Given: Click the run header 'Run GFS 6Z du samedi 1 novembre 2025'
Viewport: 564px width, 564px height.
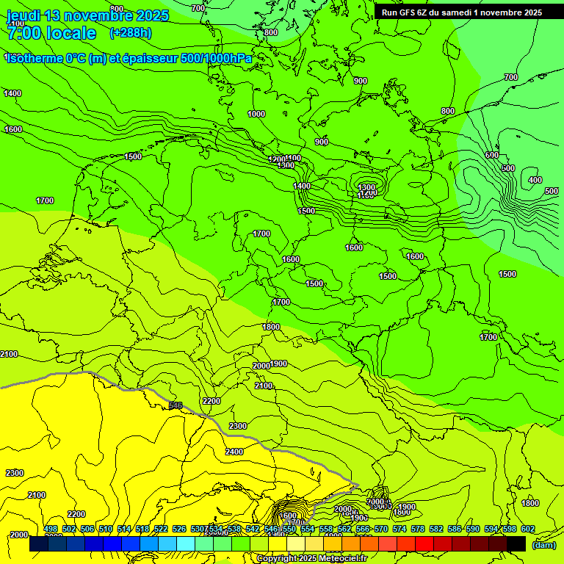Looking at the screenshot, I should [462, 12].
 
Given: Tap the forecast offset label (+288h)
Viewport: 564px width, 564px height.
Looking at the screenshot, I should [131, 32].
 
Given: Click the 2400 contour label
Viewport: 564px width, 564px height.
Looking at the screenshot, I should [234, 452].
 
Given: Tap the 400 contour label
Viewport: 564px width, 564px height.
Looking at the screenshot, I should [535, 181].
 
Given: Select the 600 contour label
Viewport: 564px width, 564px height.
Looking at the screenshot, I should [491, 156].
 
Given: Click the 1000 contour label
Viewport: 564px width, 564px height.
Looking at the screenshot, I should [256, 114].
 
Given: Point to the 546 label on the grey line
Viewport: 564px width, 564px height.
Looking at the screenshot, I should [176, 405].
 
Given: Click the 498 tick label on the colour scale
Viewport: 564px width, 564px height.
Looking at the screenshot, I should [51, 529].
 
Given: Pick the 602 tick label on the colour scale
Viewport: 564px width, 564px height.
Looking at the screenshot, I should [528, 529].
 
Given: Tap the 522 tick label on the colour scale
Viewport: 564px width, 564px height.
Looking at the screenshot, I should [161, 529].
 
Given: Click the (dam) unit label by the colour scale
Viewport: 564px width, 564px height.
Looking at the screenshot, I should [544, 545].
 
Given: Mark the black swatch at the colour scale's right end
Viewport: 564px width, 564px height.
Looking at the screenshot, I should [516, 544].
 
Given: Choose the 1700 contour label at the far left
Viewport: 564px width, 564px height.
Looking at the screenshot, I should [45, 200].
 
